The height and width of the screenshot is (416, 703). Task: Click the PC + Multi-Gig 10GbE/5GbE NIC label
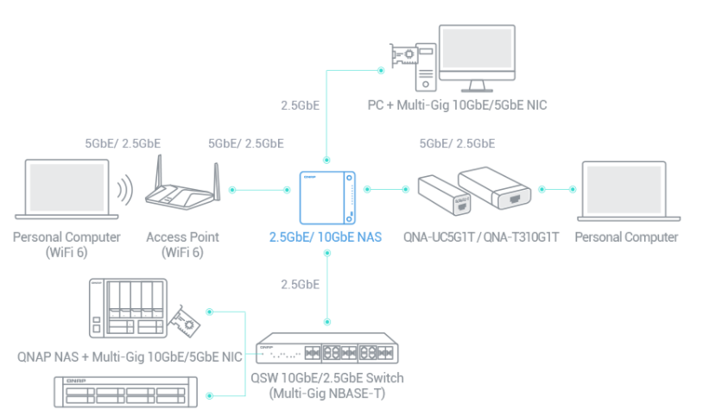[x=455, y=105]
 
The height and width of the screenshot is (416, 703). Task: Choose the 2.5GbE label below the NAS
[x=301, y=284]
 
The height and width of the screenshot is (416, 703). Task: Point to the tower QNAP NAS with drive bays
[x=125, y=308]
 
